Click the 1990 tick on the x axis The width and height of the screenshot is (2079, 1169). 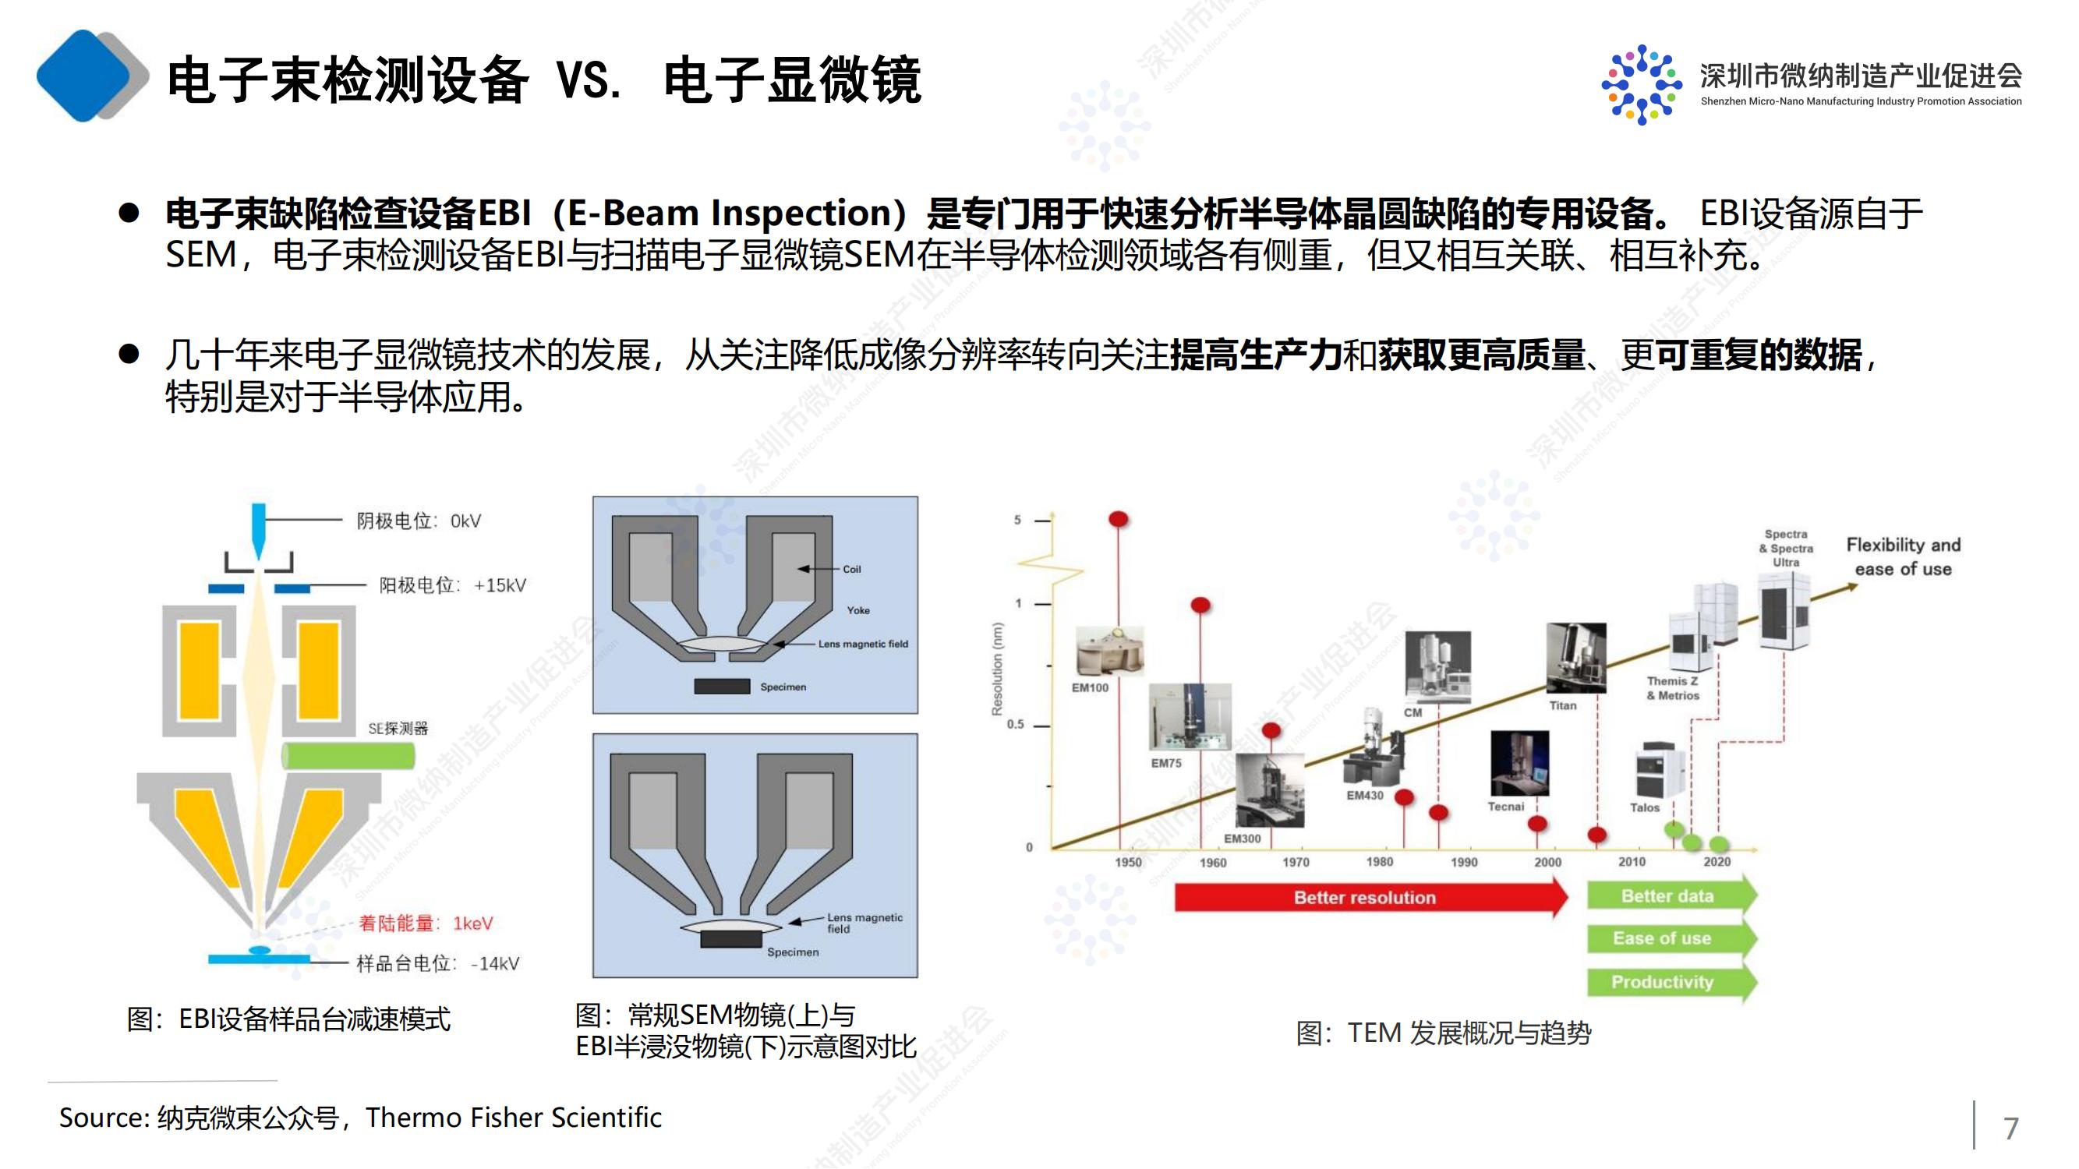pos(1464,862)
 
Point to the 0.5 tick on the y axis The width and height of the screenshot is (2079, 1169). pos(1015,725)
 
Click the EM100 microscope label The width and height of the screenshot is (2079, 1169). pos(1090,687)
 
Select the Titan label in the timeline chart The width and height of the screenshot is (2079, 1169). pos(1562,705)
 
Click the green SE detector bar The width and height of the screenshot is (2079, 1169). pos(348,756)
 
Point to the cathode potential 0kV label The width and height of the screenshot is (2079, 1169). pos(418,521)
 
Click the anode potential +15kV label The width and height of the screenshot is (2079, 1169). pos(452,585)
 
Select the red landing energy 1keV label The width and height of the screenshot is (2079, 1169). pos(426,923)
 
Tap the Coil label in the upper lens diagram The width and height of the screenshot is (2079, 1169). pos(851,569)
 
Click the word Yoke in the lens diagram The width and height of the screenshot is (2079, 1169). pos(858,610)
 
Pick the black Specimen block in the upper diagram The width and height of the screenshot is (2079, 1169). pos(722,687)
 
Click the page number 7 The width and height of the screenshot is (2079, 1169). pos(2011,1127)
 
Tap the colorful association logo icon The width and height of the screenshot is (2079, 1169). pos(1642,84)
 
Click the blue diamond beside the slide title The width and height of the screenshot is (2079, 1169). pos(84,76)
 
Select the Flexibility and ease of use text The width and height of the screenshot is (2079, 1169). pos(1903,556)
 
